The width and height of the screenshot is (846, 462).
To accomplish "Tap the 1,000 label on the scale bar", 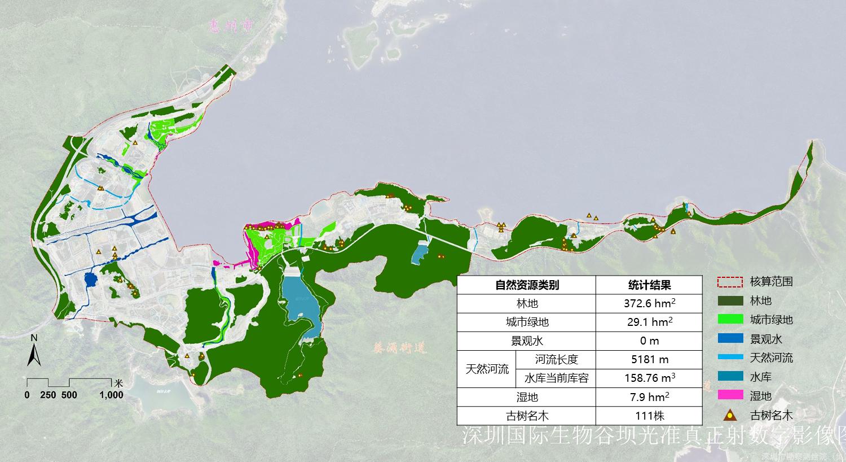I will point(112,395).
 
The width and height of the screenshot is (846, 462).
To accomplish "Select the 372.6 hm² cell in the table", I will point(649,303).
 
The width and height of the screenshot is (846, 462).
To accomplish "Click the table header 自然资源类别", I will point(527,285).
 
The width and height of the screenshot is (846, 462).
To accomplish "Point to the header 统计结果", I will point(649,285).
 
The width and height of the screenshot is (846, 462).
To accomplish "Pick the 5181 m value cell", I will point(649,359).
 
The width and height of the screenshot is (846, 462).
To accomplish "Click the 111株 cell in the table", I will point(649,416).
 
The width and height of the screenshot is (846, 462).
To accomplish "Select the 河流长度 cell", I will point(557,359).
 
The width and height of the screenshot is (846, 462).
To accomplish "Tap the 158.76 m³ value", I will point(649,378).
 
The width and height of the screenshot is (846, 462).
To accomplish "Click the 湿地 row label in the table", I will point(527,397).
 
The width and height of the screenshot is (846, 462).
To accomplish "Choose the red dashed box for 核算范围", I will point(730,282).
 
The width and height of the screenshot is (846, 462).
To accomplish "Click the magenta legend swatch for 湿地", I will point(730,395).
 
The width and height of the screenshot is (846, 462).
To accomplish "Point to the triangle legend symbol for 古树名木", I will point(730,416).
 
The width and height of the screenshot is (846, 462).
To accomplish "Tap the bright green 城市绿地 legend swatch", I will point(730,320).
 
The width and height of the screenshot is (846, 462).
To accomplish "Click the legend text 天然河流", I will point(771,358).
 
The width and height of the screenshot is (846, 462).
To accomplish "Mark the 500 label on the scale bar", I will point(69,395).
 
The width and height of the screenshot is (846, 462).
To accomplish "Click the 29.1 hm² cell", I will point(649,322).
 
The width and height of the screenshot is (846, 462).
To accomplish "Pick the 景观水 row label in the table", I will point(527,341).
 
